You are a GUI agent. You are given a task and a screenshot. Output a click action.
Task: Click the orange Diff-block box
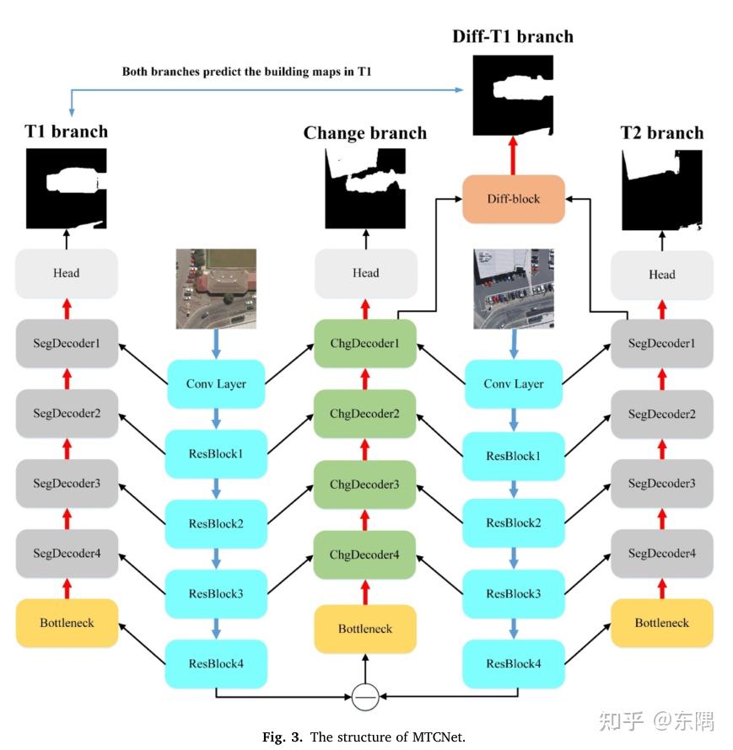pyautogui.click(x=513, y=200)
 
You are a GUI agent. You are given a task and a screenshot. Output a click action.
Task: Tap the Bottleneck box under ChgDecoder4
pyautogui.click(x=365, y=629)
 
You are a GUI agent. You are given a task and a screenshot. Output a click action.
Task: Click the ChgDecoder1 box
pyautogui.click(x=365, y=344)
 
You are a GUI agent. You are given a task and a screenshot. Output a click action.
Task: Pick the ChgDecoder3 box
pyautogui.click(x=365, y=485)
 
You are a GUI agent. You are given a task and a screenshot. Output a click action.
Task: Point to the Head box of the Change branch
pyautogui.click(x=365, y=273)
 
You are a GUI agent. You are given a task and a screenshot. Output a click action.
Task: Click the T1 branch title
pyautogui.click(x=67, y=131)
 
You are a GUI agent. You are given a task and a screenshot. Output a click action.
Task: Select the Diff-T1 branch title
pyautogui.click(x=513, y=36)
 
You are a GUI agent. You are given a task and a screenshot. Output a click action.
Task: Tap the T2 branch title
pyautogui.click(x=661, y=133)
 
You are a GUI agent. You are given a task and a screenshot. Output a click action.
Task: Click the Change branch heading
pyautogui.click(x=365, y=133)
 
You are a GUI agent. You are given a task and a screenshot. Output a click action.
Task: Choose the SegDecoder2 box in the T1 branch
pyautogui.click(x=67, y=414)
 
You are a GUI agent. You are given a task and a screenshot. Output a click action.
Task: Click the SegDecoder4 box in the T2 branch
pyautogui.click(x=661, y=554)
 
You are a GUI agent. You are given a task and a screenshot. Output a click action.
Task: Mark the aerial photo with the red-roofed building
pyautogui.click(x=216, y=288)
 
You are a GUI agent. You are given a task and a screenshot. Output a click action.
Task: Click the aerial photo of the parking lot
pyautogui.click(x=513, y=288)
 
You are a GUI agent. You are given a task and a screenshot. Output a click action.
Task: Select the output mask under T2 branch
pyautogui.click(x=661, y=190)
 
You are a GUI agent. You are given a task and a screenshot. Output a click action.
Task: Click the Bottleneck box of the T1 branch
pyautogui.click(x=67, y=624)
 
